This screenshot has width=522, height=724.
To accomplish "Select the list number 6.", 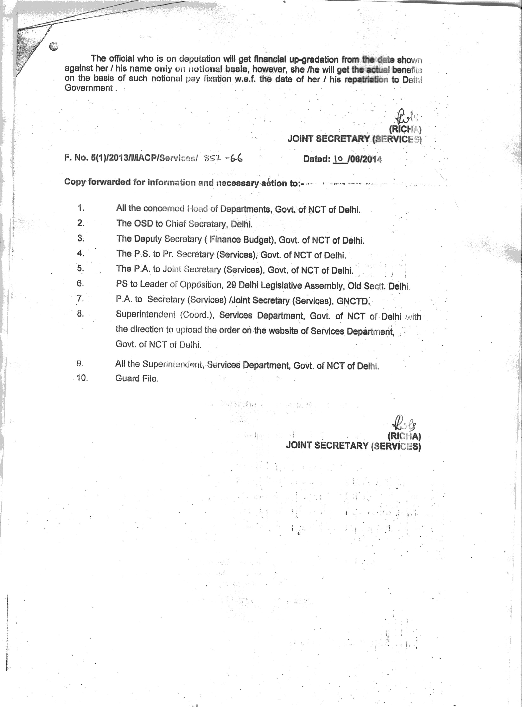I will coord(81,283).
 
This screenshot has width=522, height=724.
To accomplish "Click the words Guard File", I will coord(137,379).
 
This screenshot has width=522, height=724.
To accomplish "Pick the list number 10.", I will coord(82,378).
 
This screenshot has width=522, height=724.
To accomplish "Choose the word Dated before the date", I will coord(316,159).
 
